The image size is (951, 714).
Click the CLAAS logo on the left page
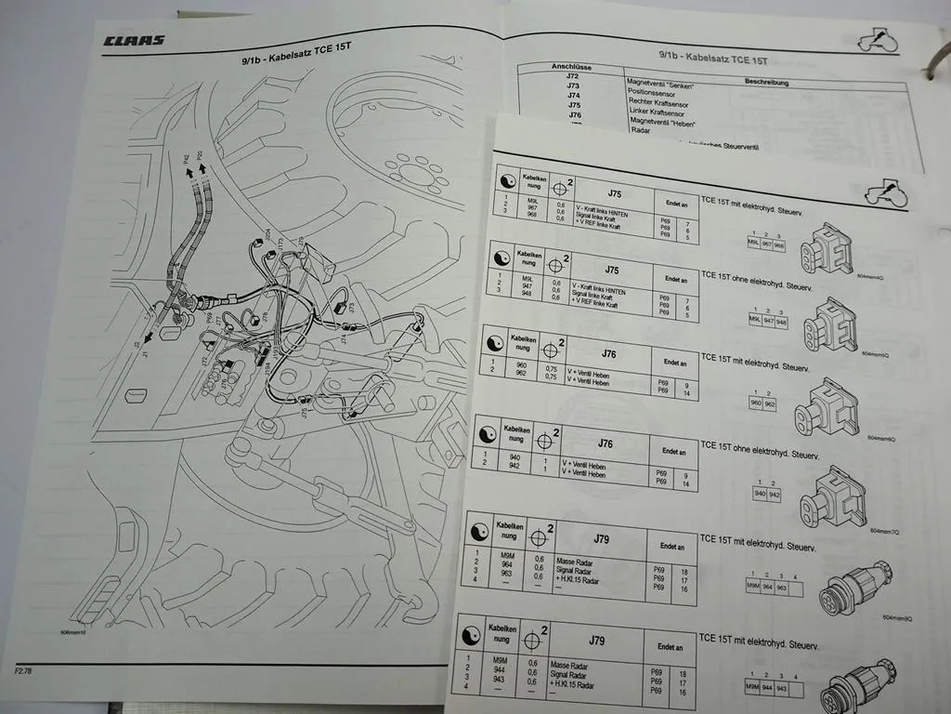134,40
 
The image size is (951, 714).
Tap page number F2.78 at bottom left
25,669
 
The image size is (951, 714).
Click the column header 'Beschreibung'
766,82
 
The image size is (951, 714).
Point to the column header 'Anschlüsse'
572,68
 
